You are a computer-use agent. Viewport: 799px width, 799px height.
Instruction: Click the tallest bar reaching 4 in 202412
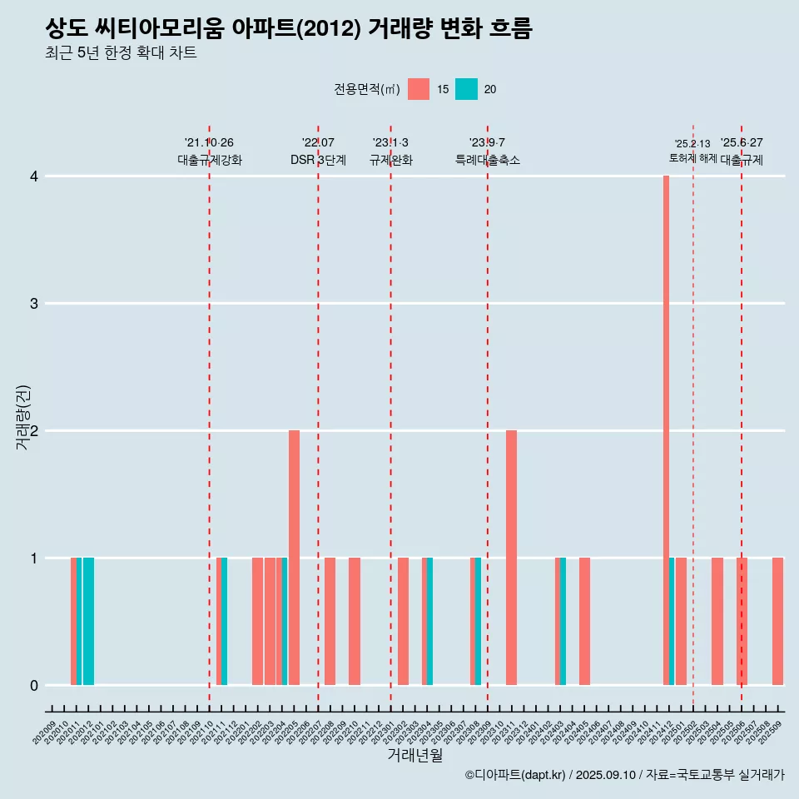pyautogui.click(x=666, y=430)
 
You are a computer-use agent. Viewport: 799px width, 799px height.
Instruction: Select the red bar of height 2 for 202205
pyautogui.click(x=294, y=558)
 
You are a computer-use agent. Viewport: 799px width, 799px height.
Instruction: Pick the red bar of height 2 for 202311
pyautogui.click(x=511, y=558)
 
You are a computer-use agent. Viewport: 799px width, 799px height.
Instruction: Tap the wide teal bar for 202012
pyautogui.click(x=88, y=621)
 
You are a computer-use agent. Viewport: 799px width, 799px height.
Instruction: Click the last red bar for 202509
pyautogui.click(x=777, y=621)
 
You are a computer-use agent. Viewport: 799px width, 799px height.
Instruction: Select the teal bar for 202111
pyautogui.click(x=224, y=621)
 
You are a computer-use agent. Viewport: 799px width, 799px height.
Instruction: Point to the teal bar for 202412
pyautogui.click(x=672, y=621)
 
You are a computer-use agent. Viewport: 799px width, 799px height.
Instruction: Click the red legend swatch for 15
pyautogui.click(x=419, y=89)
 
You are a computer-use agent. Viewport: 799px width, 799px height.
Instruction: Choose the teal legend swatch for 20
pyautogui.click(x=466, y=89)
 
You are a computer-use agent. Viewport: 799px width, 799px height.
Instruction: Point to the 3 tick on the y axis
pyautogui.click(x=34, y=303)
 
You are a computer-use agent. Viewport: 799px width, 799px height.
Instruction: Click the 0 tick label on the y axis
pyautogui.click(x=34, y=685)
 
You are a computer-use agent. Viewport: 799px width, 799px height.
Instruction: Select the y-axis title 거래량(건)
pyautogui.click(x=23, y=416)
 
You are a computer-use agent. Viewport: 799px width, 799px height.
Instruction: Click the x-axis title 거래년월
pyautogui.click(x=414, y=755)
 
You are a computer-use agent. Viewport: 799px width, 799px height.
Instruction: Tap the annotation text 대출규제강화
pyautogui.click(x=210, y=160)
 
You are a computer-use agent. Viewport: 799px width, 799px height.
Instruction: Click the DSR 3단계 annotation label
pyautogui.click(x=318, y=160)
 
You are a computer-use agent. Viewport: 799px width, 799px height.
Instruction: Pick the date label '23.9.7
pyautogui.click(x=487, y=143)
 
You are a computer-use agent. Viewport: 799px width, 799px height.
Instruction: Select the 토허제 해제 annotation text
pyautogui.click(x=692, y=158)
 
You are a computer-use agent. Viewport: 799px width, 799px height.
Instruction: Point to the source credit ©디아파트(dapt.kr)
pyautogui.click(x=515, y=775)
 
